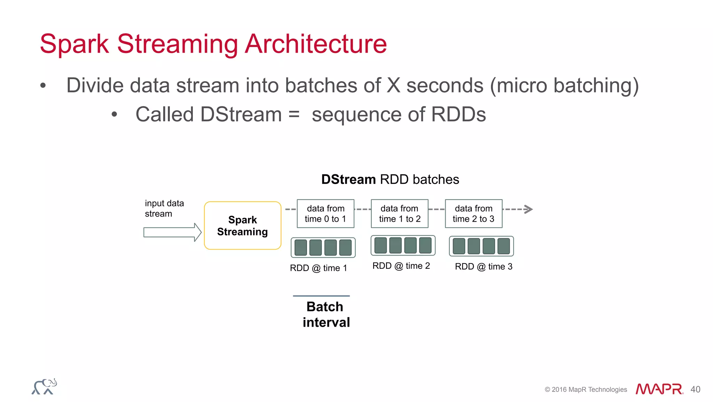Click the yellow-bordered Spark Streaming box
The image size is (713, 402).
[x=243, y=226]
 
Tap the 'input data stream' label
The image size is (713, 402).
[x=164, y=208]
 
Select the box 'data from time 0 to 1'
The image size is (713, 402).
[x=326, y=214]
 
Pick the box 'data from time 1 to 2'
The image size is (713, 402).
[x=400, y=214]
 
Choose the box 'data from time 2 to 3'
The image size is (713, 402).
[x=473, y=214]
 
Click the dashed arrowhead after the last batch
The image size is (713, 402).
[x=528, y=209]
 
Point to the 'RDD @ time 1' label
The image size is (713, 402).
[x=318, y=268]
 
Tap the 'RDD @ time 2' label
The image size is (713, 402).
[x=401, y=266]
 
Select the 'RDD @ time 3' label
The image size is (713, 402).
[x=484, y=267]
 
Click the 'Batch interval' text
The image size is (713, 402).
[x=326, y=314]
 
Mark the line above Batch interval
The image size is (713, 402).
[x=321, y=296]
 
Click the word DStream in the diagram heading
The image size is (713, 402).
[x=348, y=180]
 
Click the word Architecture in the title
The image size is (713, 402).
[x=316, y=44]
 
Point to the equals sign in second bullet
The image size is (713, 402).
[x=294, y=114]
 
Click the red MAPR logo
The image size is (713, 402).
[x=659, y=389]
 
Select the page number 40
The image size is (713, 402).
[x=695, y=389]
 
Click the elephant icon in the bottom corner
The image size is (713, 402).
[x=45, y=387]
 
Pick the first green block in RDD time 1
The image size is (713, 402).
[x=301, y=248]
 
